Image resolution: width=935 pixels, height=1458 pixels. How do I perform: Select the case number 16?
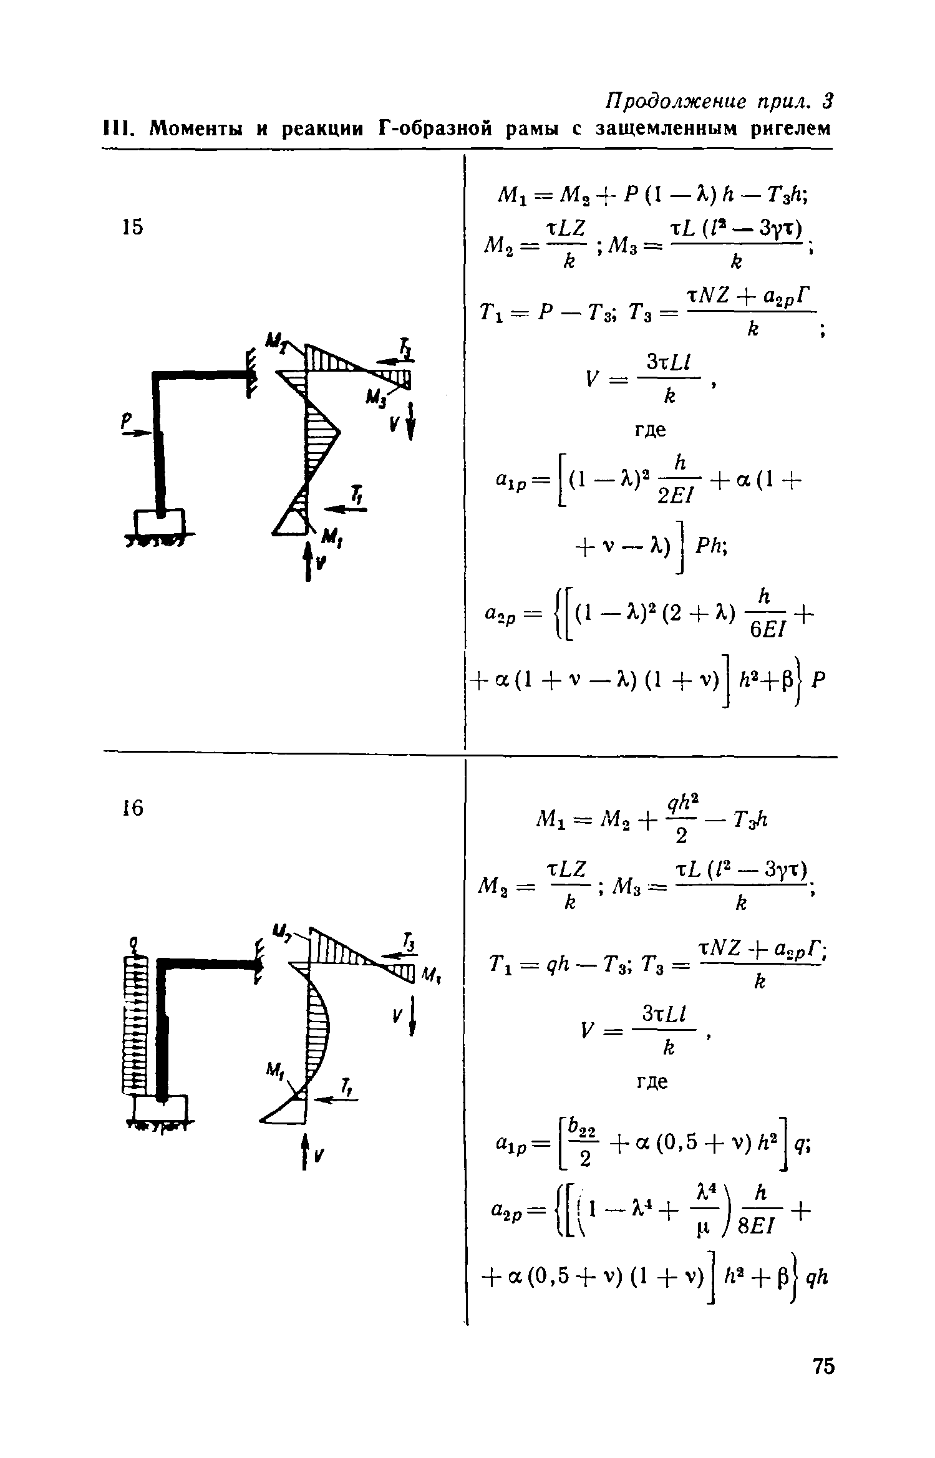click(132, 808)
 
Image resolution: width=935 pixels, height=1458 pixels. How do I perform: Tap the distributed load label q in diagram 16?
click(132, 942)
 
